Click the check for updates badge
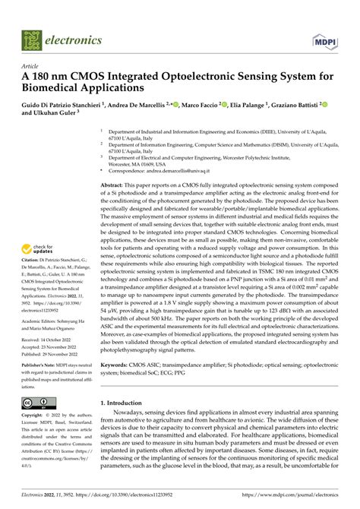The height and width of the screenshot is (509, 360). pyautogui.click(x=42, y=249)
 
